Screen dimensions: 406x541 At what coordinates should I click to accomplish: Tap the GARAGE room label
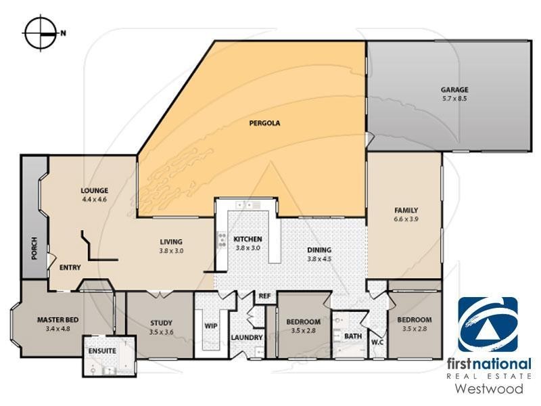[x=454, y=89]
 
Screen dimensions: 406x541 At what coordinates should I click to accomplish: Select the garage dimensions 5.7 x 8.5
[x=454, y=98]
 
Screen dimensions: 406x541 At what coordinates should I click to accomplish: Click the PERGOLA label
[x=264, y=123]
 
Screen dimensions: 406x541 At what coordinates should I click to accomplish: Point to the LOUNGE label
[x=95, y=191]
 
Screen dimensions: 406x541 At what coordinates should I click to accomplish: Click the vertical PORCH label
[x=34, y=248]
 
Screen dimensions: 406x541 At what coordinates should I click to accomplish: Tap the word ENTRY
[x=70, y=268]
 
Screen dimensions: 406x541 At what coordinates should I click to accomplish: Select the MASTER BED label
[x=53, y=319]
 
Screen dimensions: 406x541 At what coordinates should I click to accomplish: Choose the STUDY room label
[x=161, y=323]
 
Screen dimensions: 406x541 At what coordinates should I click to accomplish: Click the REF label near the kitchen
[x=265, y=296]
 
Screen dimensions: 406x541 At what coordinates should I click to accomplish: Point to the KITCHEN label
[x=248, y=240]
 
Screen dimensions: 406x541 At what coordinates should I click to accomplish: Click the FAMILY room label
[x=406, y=210]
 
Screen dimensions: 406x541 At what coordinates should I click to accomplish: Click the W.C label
[x=377, y=341]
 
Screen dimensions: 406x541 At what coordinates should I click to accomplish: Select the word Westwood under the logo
[x=488, y=389]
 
